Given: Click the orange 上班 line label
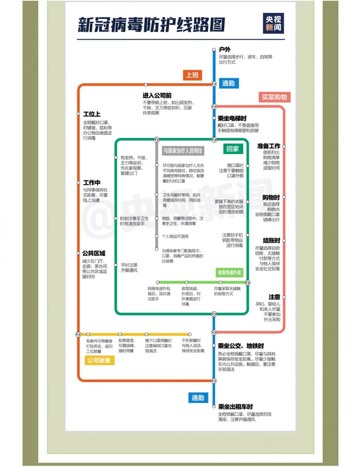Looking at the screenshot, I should click(x=192, y=75).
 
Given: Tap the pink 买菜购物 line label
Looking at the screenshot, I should click(x=274, y=97).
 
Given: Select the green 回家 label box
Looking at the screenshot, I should click(x=233, y=149).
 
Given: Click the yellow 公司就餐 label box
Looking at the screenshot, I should click(x=99, y=360).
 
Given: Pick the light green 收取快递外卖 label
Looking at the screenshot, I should click(x=229, y=272).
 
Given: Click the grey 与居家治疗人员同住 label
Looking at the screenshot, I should click(x=183, y=151).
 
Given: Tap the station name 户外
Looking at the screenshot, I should click(x=225, y=49).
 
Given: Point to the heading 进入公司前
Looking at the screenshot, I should click(x=157, y=95).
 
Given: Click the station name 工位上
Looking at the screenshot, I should click(x=92, y=114).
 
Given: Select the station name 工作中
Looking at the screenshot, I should click(x=92, y=183).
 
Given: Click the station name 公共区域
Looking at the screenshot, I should click(x=94, y=253).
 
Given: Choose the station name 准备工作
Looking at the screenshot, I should click(x=269, y=146).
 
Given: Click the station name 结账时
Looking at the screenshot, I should click(x=271, y=241).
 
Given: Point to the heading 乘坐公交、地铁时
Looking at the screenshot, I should click(x=241, y=346).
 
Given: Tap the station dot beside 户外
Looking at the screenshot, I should click(x=214, y=49).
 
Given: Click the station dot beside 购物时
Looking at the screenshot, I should click(x=284, y=198).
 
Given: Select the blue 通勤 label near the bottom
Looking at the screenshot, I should click(x=198, y=398).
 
